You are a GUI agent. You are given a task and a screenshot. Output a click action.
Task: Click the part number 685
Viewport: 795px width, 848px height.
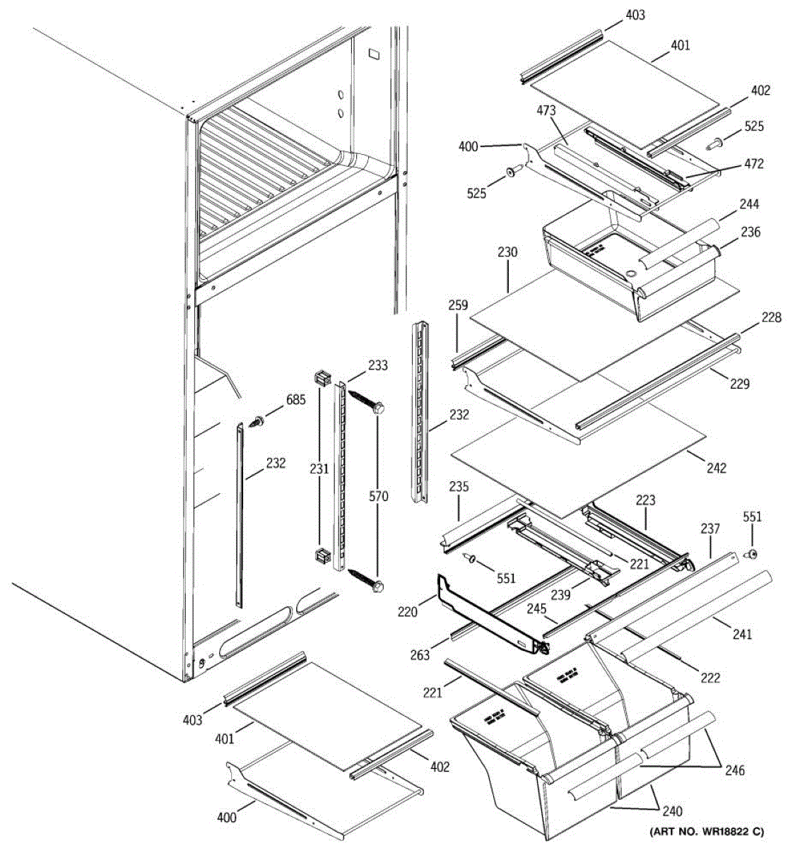[x=295, y=400]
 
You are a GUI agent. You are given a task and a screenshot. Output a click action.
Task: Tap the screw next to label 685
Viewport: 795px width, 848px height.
[x=256, y=423]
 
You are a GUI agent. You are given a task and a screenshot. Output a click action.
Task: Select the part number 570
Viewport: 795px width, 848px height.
[x=378, y=497]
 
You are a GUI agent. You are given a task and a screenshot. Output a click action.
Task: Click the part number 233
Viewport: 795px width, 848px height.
[x=378, y=365]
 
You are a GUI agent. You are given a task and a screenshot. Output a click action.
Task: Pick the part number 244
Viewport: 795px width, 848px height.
[x=749, y=204]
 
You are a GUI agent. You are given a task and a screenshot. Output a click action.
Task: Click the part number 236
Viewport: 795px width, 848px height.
[x=750, y=232]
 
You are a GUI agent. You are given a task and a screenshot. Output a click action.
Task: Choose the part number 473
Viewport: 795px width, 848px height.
[x=546, y=110]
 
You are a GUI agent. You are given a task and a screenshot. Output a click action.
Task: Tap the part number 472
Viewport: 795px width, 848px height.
[x=753, y=164]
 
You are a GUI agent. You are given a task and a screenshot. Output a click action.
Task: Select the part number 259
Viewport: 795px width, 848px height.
[x=458, y=305]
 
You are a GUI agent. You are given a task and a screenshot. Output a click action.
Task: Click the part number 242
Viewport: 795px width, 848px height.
[x=716, y=468]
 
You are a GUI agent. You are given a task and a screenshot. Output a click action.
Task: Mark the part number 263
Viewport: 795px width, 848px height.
[x=420, y=655]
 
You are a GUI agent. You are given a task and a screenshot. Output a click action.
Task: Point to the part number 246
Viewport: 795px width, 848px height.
[x=735, y=770]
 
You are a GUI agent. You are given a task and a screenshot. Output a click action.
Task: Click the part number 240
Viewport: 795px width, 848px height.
[x=671, y=811]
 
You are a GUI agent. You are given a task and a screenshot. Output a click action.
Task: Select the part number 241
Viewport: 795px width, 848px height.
[x=742, y=634]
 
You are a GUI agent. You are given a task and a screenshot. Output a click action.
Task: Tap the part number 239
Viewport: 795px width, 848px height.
[x=561, y=595]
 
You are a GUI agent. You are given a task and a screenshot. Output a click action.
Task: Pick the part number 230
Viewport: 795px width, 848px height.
[x=507, y=252]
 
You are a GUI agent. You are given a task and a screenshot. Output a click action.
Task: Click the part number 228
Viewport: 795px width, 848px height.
[x=772, y=317]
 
